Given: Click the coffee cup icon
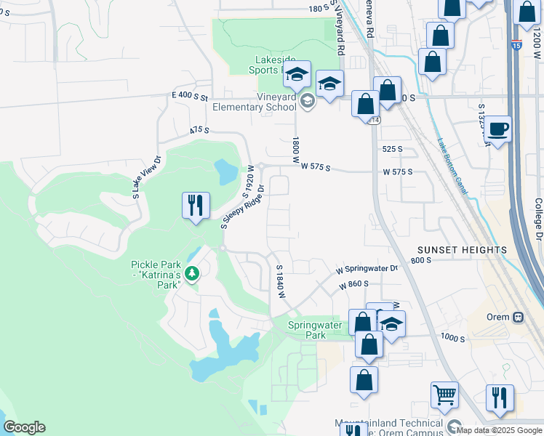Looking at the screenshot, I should pyautogui.click(x=498, y=130).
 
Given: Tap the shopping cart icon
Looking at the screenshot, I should pyautogui.click(x=444, y=396).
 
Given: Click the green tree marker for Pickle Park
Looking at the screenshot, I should pyautogui.click(x=192, y=274).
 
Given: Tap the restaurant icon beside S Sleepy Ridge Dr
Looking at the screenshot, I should pyautogui.click(x=195, y=206).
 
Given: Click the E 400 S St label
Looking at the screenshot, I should pyautogui.click(x=190, y=96).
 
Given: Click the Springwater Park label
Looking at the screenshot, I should pyautogui.click(x=315, y=331).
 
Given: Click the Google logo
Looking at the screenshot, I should pyautogui.click(x=24, y=427).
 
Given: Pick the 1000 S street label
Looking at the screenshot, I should pyautogui.click(x=452, y=339).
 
